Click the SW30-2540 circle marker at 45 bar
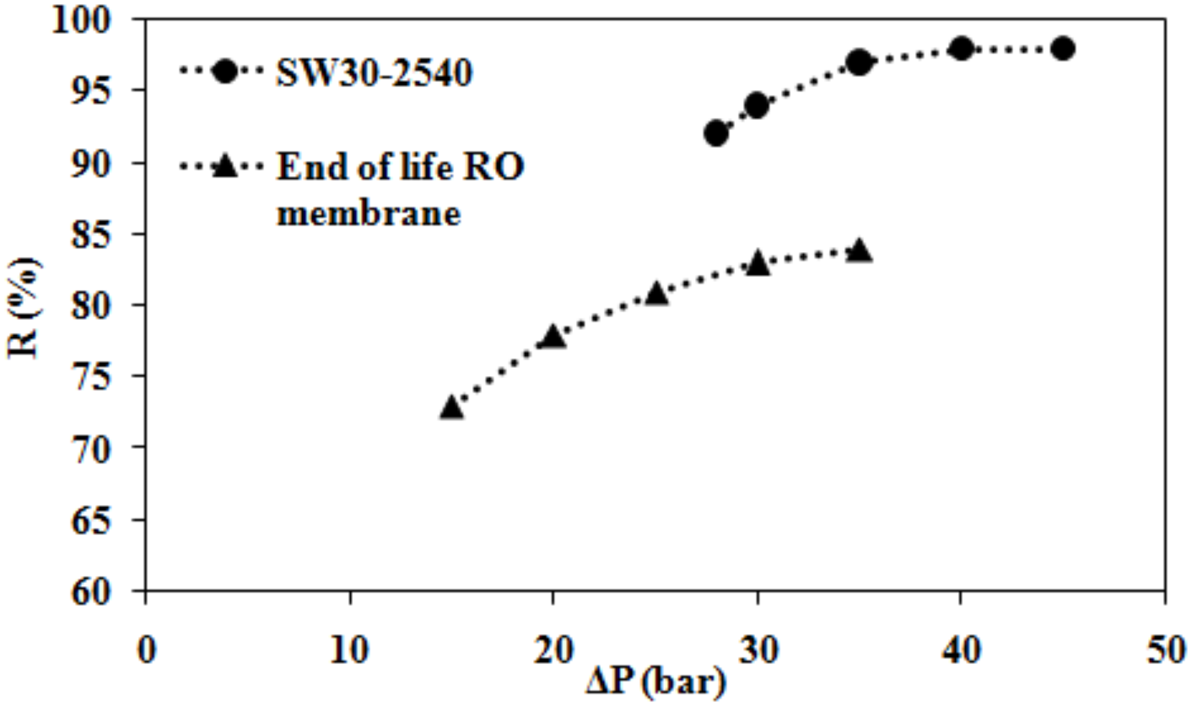1063,48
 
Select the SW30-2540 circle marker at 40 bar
962,48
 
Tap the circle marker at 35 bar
859,62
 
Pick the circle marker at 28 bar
717,133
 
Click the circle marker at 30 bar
757,106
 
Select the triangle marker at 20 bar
553,337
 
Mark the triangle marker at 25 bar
656,294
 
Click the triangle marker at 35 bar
859,252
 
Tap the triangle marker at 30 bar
757,263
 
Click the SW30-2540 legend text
374,73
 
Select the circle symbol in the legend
226,71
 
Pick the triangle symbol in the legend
226,166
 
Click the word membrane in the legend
369,213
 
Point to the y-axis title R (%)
24,308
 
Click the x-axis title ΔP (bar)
655,681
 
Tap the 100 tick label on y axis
81,20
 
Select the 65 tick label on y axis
90,521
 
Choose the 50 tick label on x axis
1165,650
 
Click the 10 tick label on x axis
350,650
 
